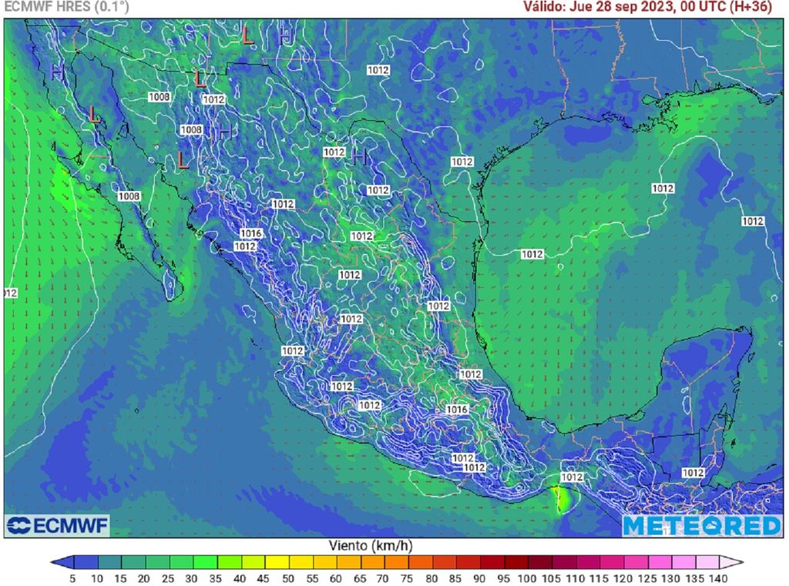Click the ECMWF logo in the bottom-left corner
[x=57, y=526]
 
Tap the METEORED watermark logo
[x=701, y=526]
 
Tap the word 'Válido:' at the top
[x=545, y=7]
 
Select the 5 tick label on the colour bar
[x=72, y=578]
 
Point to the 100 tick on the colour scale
[x=527, y=578]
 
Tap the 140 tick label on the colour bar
[x=718, y=578]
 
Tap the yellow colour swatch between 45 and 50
[x=277, y=562]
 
